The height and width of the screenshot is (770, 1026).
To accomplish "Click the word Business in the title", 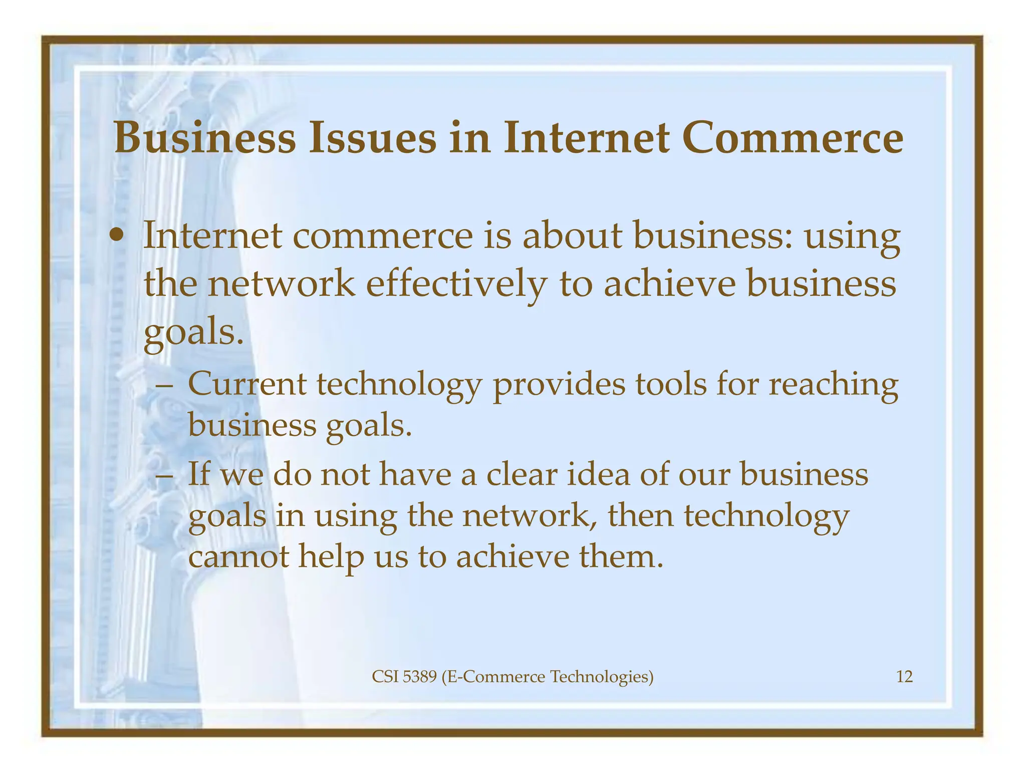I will coord(205,138).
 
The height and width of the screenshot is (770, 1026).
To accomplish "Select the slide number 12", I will coord(904,677).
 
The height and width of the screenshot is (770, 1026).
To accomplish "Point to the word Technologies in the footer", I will coord(602,677).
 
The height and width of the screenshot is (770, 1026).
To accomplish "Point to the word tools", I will coord(671,384).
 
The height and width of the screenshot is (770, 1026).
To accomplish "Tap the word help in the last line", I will coord(331,557).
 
